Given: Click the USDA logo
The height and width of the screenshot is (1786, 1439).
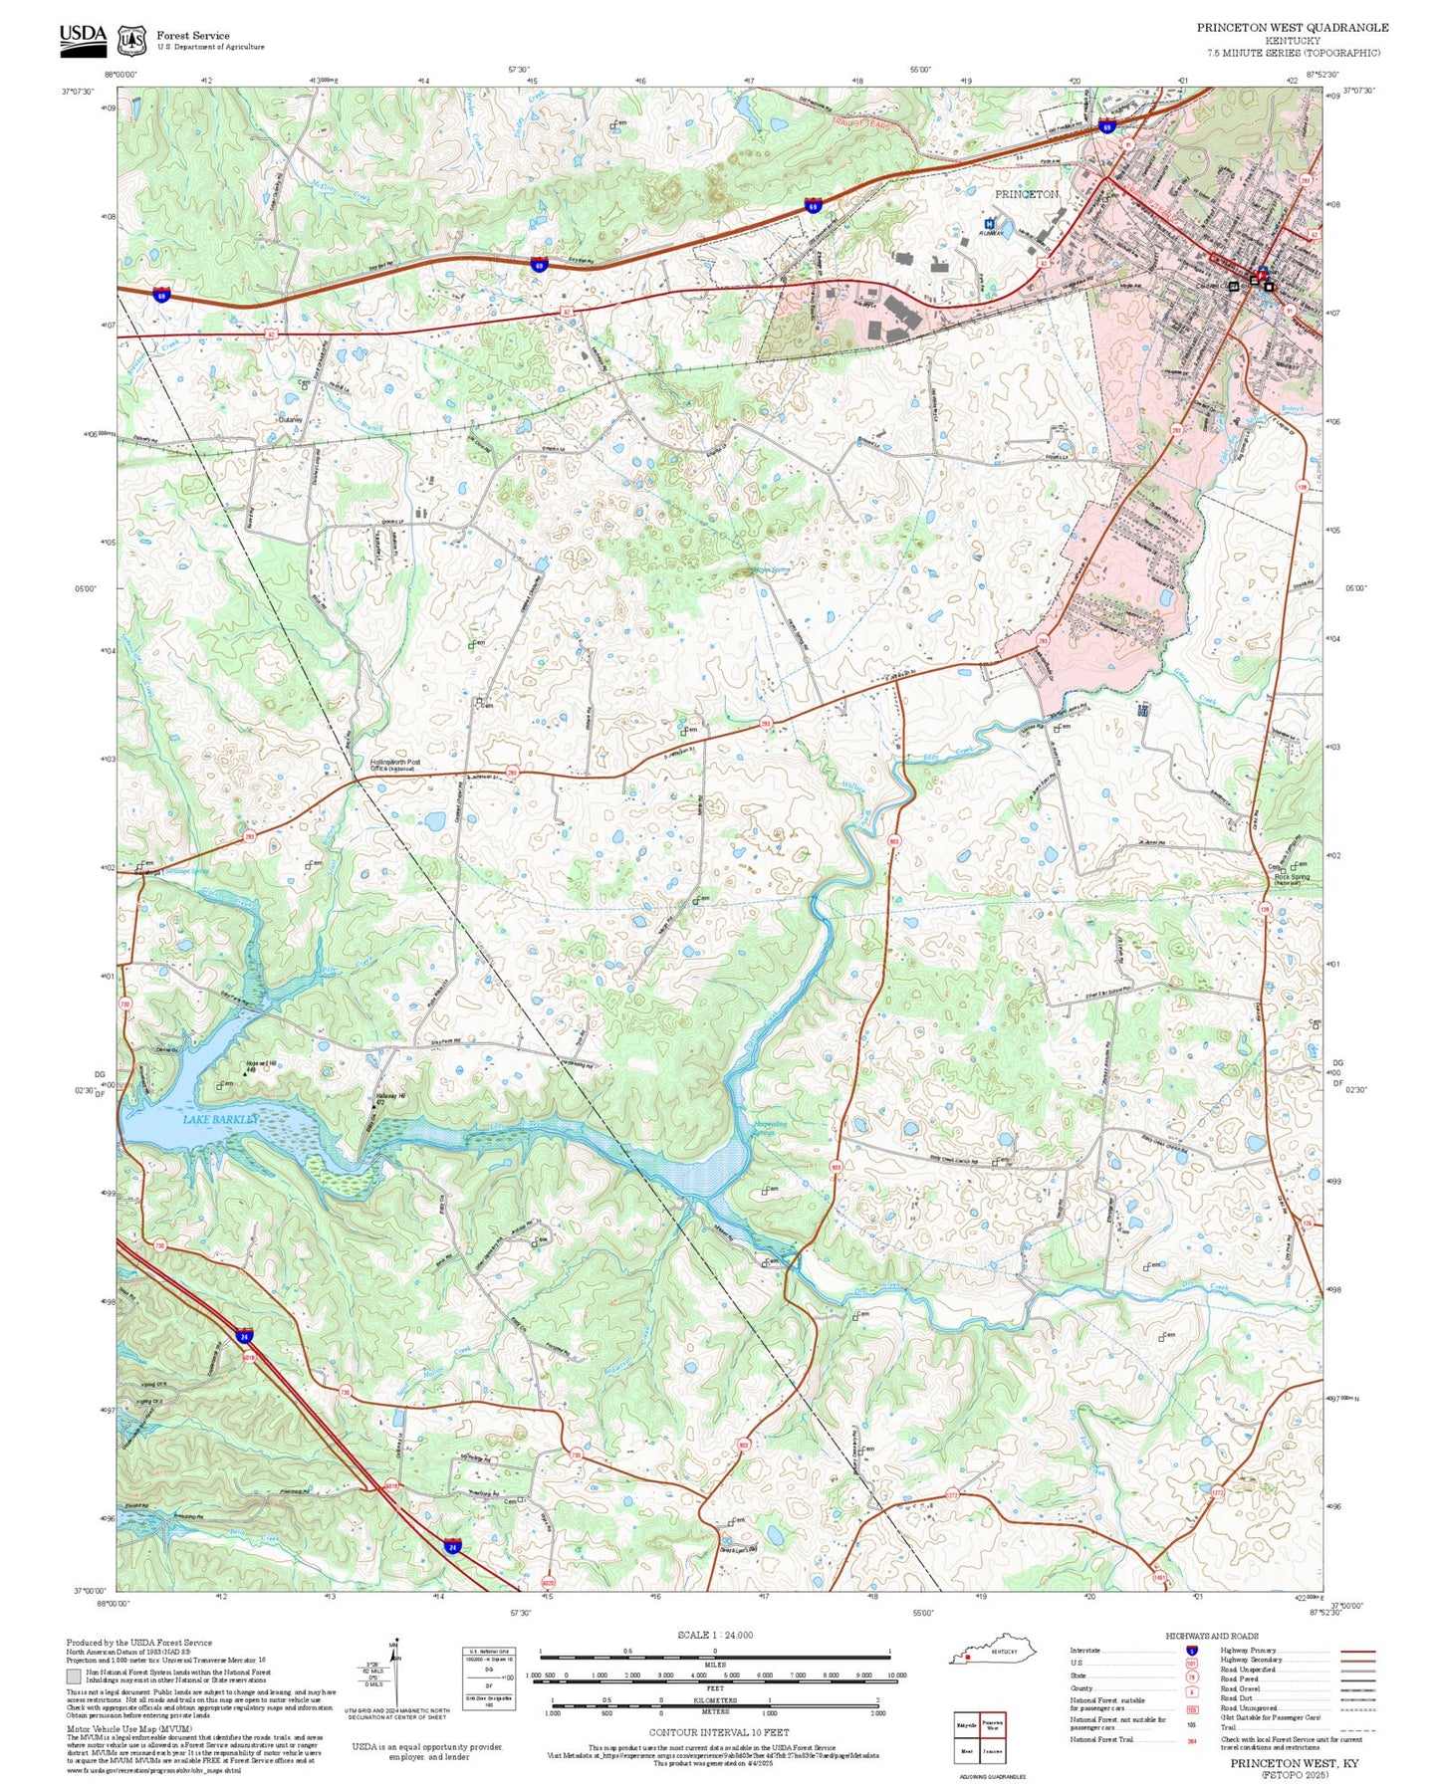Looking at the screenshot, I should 83,37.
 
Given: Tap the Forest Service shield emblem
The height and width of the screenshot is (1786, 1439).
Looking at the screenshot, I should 131,40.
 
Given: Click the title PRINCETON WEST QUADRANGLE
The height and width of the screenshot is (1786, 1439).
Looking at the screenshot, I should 1292,28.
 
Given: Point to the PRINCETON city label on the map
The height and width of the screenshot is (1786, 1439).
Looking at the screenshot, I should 1026,194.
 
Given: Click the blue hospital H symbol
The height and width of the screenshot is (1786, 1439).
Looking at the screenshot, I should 989,224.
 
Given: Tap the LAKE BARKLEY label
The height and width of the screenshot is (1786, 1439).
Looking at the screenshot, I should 220,1119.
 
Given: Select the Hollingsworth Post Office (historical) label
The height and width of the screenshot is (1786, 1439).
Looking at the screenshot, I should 394,765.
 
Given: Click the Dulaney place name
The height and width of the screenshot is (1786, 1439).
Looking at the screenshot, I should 290,420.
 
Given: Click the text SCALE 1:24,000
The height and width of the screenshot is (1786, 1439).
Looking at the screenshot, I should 715,1635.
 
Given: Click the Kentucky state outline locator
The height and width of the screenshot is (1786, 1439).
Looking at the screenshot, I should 997,1651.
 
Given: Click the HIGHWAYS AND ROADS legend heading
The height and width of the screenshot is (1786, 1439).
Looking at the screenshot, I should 1211,1635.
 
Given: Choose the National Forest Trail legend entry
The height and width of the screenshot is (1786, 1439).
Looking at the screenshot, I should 1101,1739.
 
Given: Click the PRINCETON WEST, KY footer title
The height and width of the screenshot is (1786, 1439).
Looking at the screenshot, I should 1294,1762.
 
